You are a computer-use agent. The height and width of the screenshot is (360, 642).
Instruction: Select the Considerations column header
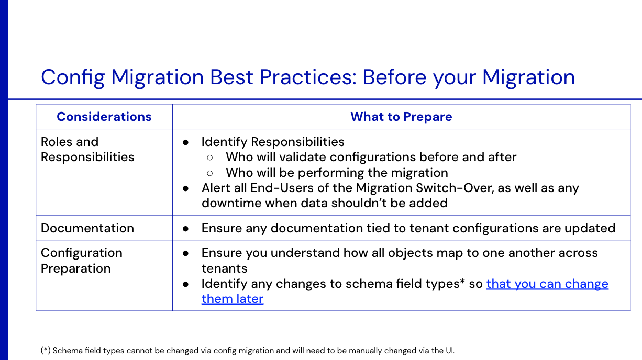104,117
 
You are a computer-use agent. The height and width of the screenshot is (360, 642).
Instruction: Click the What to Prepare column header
401,117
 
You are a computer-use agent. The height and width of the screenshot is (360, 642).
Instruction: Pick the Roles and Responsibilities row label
87,150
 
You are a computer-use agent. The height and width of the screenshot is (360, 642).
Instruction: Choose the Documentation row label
87,228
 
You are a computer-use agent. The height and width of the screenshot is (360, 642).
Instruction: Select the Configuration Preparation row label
82,261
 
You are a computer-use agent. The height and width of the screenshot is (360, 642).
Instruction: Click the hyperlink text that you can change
547,284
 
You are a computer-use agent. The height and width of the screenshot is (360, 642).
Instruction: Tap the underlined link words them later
233,299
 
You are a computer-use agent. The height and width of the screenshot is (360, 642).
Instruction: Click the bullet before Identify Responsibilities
185,142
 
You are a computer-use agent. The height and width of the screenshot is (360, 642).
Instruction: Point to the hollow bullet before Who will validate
210,157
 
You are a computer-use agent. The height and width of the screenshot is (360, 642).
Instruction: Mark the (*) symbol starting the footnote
46,351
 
